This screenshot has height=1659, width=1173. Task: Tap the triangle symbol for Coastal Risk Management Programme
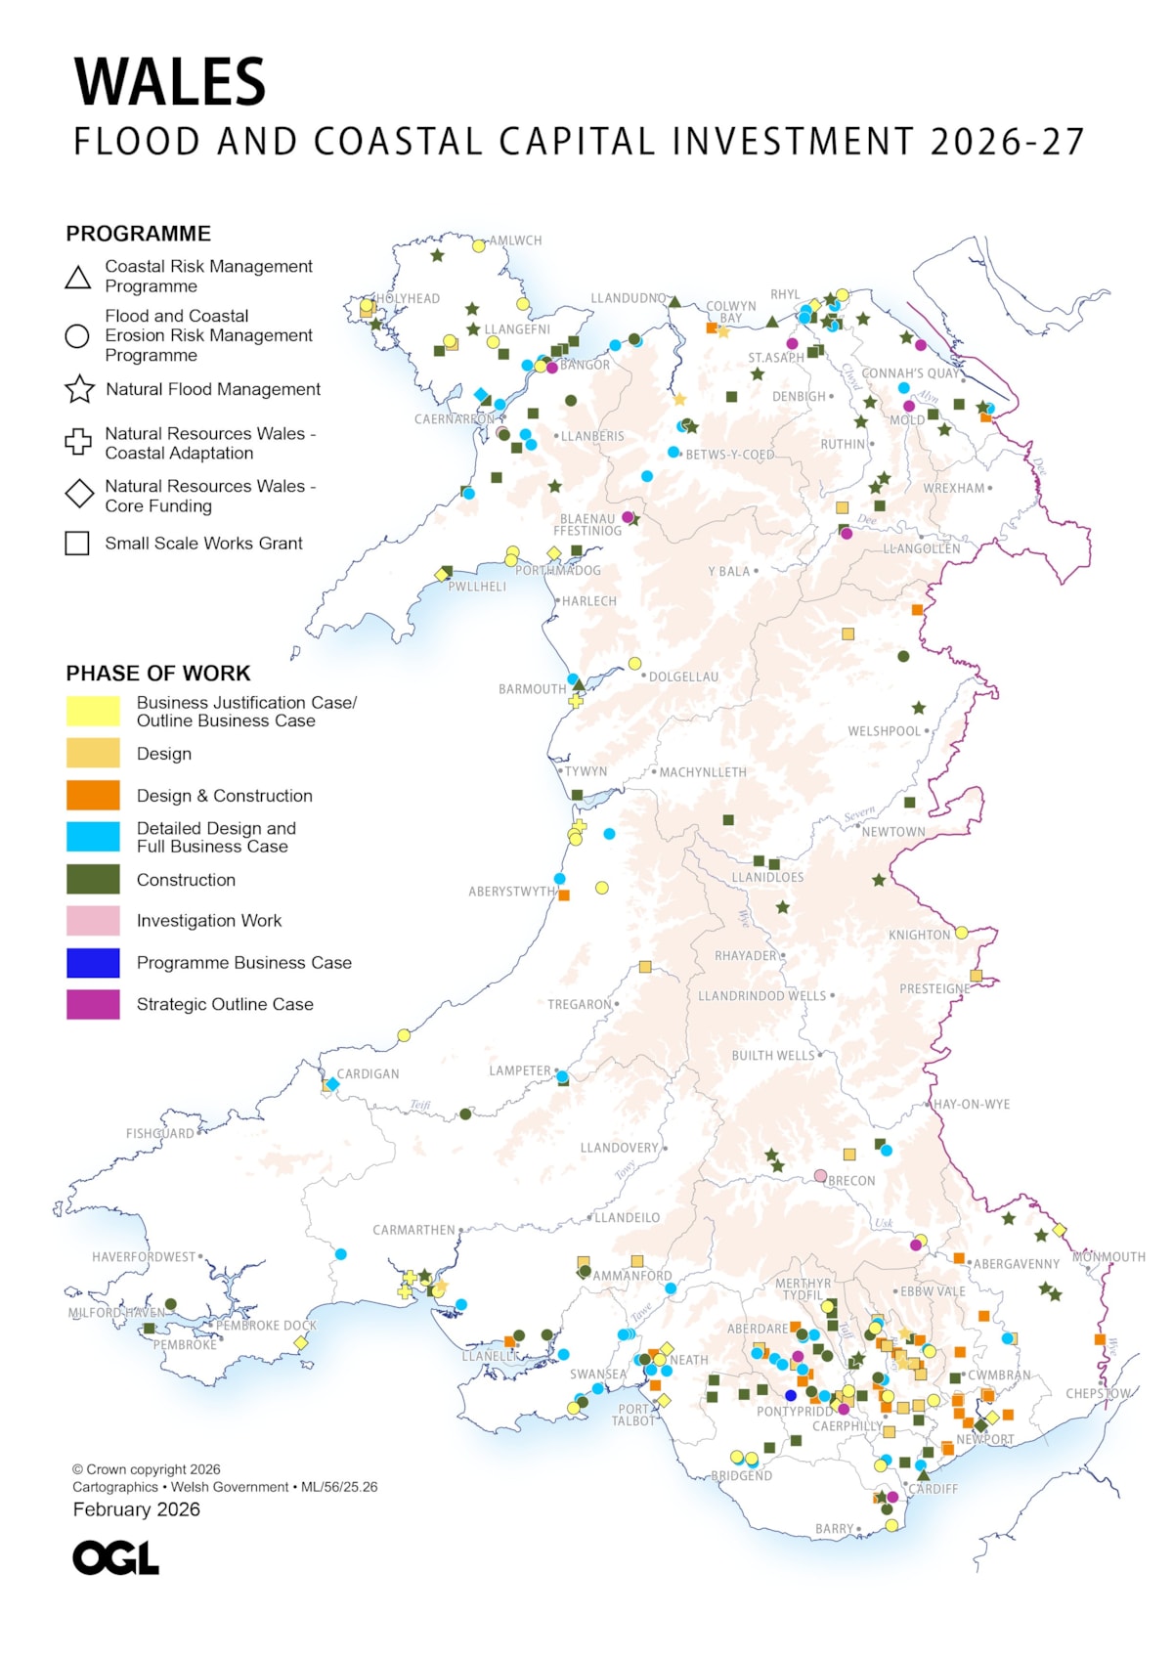tap(78, 278)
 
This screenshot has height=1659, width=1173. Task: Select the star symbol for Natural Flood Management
tap(79, 389)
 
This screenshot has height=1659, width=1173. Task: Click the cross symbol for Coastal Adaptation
tap(78, 443)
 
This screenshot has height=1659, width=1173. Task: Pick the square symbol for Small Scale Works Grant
tap(77, 544)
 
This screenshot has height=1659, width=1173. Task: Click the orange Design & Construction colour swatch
tap(93, 795)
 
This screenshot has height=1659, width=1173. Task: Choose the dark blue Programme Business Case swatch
tap(93, 963)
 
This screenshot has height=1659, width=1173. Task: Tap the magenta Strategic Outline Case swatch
tap(93, 1004)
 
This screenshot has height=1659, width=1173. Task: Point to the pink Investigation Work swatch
tap(93, 921)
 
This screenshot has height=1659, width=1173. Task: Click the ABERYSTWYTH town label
tap(511, 892)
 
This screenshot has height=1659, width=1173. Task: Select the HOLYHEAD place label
tap(409, 298)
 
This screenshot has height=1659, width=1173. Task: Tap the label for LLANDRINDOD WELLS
tap(761, 995)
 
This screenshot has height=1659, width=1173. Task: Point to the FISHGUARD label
tap(160, 1133)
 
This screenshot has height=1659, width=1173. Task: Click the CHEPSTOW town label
tap(1098, 1393)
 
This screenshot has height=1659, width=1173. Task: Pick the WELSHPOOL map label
tap(884, 731)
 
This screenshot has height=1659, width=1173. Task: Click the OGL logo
tap(115, 1558)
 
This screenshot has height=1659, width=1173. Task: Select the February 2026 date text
tap(136, 1509)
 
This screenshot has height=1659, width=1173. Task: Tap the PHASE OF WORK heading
tap(158, 674)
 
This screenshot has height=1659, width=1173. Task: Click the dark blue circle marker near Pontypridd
tap(791, 1395)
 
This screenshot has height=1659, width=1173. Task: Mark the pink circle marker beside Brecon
tap(820, 1175)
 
